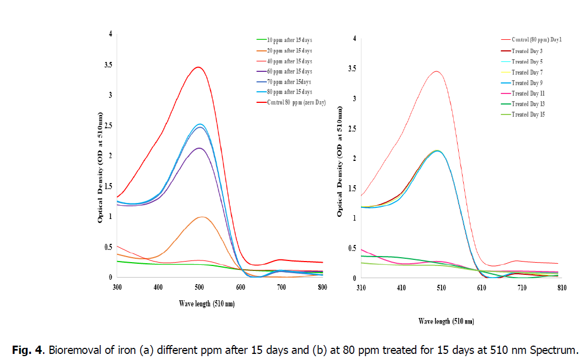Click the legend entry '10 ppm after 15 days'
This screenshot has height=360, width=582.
(x=289, y=40)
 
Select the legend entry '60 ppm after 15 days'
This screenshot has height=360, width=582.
(x=289, y=72)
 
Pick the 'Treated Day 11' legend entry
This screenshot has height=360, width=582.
(x=527, y=93)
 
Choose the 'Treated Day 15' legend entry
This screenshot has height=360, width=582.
(x=527, y=114)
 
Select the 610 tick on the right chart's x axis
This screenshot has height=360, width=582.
(x=481, y=288)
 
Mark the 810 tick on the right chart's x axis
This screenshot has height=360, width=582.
(x=562, y=288)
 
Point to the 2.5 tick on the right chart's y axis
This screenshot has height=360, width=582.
(x=353, y=129)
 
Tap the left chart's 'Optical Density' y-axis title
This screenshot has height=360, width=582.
(x=101, y=166)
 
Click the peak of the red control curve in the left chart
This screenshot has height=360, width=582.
(x=198, y=67)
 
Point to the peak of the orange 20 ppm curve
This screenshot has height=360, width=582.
(x=202, y=217)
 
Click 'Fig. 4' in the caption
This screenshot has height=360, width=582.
(x=26, y=349)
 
